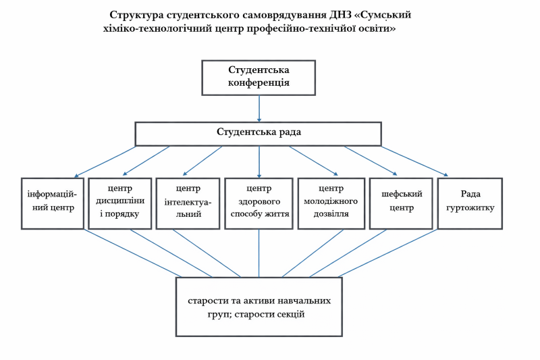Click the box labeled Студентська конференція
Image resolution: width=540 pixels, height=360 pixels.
259,77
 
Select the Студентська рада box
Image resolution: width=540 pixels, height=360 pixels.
259,133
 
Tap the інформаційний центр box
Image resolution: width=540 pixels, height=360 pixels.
53,203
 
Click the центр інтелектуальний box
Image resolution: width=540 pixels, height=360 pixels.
188,203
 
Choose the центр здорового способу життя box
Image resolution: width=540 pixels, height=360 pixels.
259,203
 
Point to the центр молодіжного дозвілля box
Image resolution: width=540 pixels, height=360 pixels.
331,203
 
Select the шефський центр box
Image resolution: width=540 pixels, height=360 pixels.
401,203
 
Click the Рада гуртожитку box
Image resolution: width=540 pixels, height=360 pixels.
470,203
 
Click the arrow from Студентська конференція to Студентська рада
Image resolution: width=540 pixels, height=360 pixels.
259,108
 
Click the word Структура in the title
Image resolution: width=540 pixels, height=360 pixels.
138,15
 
